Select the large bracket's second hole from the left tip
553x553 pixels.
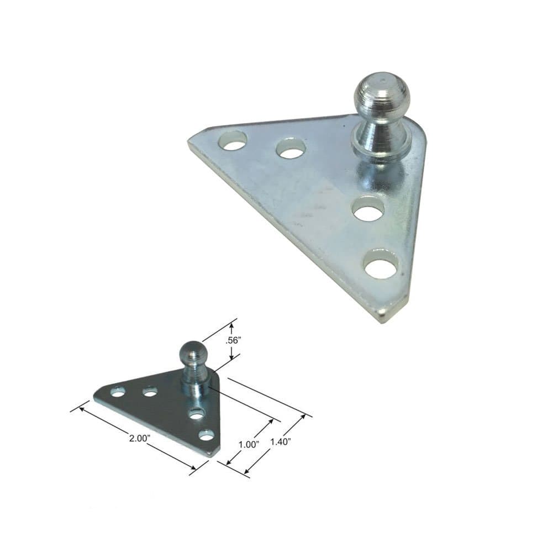[x=291, y=149]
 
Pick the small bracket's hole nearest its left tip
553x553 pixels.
[x=117, y=392]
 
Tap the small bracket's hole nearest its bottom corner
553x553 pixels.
[x=206, y=435]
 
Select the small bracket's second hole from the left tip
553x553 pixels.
[x=149, y=392]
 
